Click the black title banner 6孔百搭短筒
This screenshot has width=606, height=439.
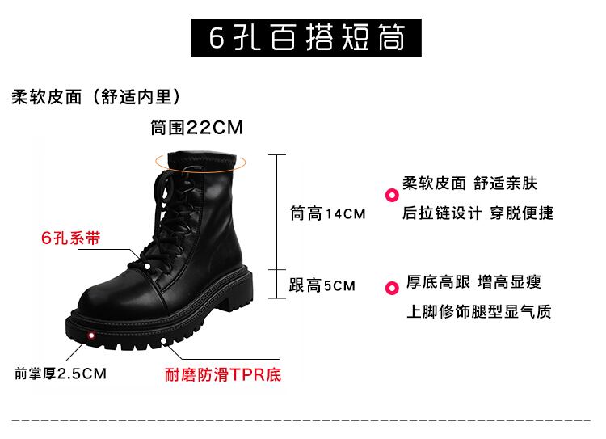(306, 36)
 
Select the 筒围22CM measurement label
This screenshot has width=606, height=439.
(196, 128)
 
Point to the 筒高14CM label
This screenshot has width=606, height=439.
(327, 214)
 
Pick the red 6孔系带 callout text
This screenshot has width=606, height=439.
(71, 239)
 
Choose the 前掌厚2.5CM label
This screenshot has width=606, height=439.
(60, 374)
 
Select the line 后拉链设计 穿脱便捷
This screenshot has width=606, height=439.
(478, 213)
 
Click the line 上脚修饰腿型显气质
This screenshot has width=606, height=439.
(478, 312)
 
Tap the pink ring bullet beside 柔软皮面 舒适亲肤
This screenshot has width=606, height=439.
(391, 194)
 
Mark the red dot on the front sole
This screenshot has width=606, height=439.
(91, 335)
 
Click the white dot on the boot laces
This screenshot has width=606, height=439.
(149, 265)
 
